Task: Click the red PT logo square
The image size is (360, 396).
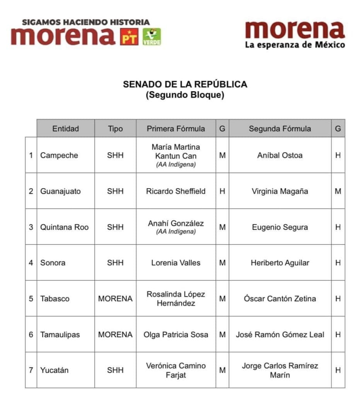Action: click(129, 37)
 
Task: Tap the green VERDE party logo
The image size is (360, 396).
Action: click(152, 37)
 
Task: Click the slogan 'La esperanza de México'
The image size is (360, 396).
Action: click(295, 45)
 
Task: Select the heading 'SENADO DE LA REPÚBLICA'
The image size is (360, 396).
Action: click(185, 84)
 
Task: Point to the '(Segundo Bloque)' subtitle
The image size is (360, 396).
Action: click(185, 95)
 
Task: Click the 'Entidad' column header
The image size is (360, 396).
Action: click(65, 129)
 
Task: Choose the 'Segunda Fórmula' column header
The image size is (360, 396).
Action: click(280, 129)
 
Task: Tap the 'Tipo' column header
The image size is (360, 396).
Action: click(115, 129)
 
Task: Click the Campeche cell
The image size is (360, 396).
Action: click(59, 155)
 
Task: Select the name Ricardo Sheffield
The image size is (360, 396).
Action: click(176, 191)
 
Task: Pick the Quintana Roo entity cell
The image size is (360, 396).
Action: click(64, 227)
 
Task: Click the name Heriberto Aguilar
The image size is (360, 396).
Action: click(280, 263)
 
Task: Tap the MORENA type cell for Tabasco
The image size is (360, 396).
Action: click(115, 299)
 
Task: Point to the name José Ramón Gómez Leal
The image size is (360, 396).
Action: click(280, 335)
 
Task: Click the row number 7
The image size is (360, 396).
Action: click(31, 370)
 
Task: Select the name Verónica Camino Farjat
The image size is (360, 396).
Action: click(176, 370)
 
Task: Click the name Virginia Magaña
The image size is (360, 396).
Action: click(280, 191)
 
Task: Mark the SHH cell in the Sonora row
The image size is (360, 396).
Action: click(115, 263)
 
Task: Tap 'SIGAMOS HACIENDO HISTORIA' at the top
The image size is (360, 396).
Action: click(85, 22)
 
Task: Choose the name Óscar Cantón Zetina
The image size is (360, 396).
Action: click(280, 299)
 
